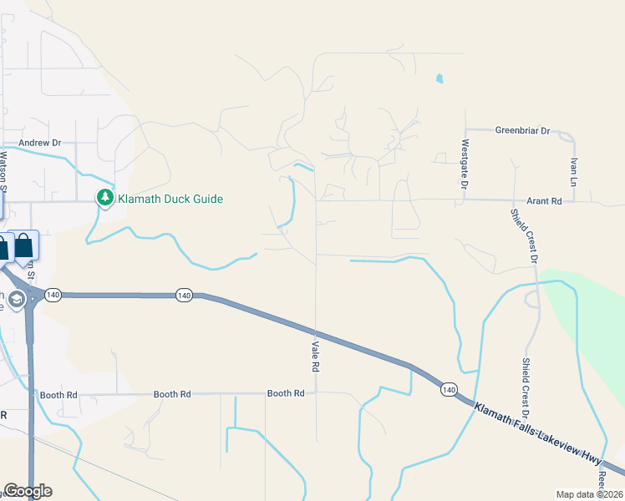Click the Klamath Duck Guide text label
[x=170, y=199]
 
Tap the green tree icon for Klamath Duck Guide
[x=105, y=198]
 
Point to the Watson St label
[x=3, y=170]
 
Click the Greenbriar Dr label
[x=522, y=130]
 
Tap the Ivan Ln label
[x=573, y=170]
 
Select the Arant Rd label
[x=544, y=201]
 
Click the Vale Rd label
[x=316, y=357]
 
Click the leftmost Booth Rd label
[x=58, y=394]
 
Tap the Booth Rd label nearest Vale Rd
[x=285, y=393]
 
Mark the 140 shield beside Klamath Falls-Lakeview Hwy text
[x=449, y=389]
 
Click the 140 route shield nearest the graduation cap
[x=53, y=296]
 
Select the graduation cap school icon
[x=15, y=298]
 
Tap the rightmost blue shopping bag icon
[x=25, y=246]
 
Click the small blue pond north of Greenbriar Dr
[x=439, y=79]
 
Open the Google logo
[x=28, y=491]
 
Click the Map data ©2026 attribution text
[x=589, y=494]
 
